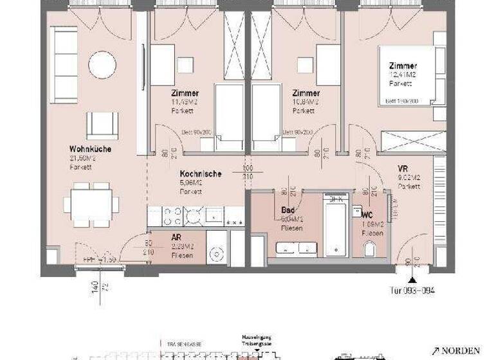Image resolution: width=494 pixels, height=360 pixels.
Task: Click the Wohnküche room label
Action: click(x=91, y=148)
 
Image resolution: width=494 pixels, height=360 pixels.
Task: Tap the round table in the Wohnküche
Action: click(x=102, y=64)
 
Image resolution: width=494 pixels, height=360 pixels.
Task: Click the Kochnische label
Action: click(x=201, y=174)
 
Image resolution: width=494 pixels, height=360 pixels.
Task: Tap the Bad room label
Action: click(x=288, y=210)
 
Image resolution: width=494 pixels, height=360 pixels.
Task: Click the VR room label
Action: click(x=405, y=169)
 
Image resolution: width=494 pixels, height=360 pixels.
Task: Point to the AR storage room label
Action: click(x=176, y=237)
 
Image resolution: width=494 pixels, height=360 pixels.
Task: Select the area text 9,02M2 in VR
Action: click(x=409, y=178)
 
